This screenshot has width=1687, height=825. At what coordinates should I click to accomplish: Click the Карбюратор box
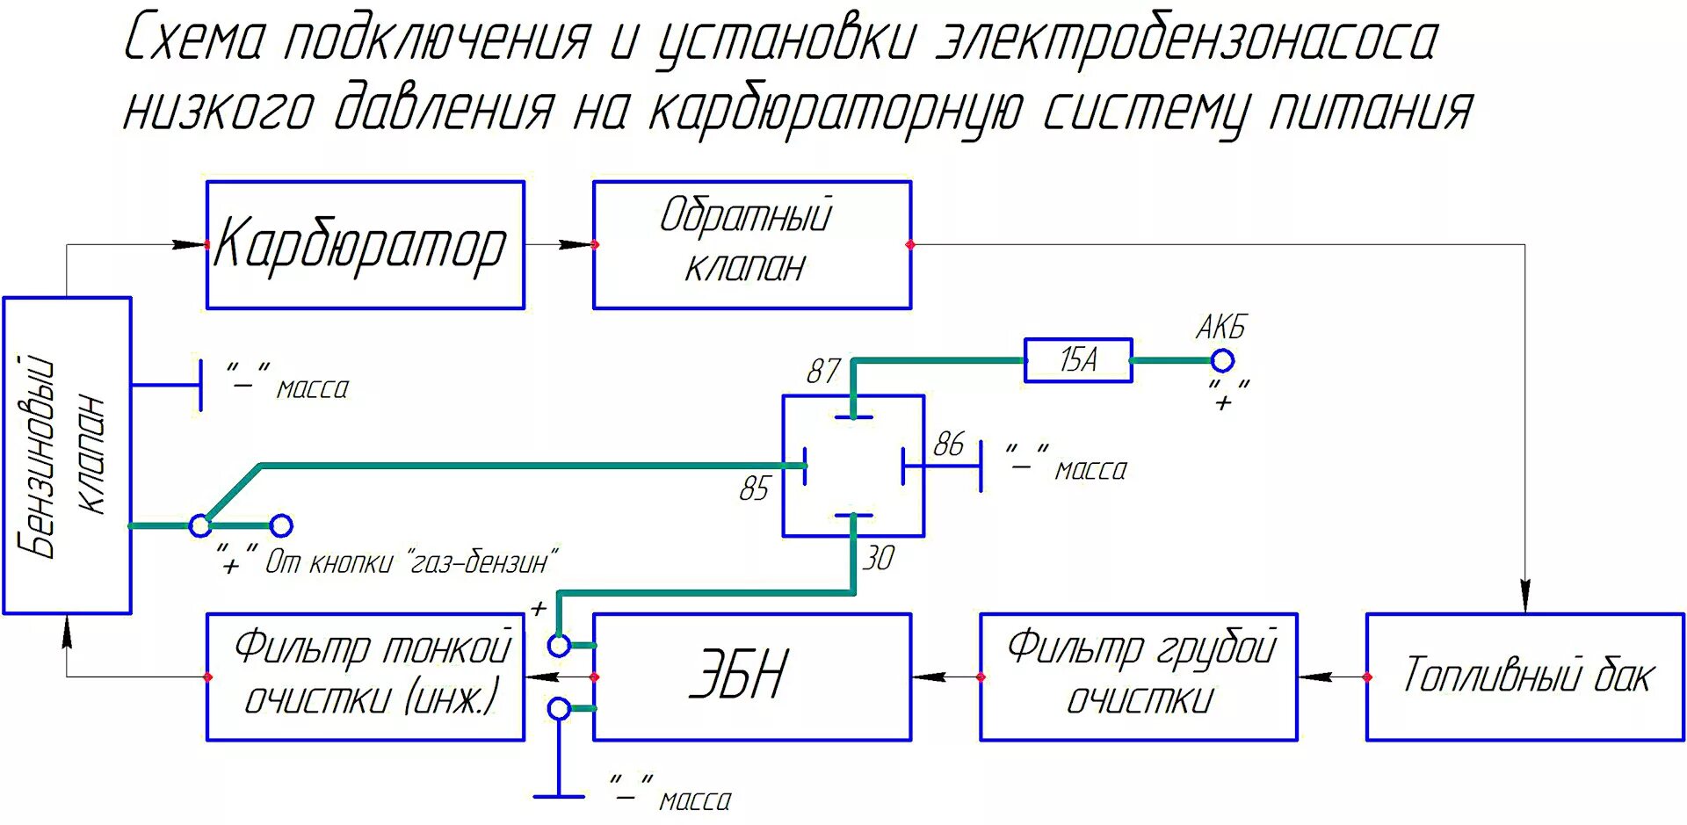pyautogui.click(x=365, y=245)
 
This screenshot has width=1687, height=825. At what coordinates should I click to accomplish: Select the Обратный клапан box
pyautogui.click(x=752, y=245)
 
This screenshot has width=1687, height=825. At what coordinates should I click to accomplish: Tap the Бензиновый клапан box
pyautogui.click(x=67, y=455)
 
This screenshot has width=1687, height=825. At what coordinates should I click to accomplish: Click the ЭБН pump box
pyautogui.click(x=752, y=677)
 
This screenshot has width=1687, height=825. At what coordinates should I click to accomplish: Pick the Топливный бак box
pyautogui.click(x=1525, y=677)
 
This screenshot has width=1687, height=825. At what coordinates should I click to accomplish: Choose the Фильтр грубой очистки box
pyautogui.click(x=1139, y=677)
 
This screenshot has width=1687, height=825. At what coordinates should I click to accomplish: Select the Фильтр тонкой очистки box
pyautogui.click(x=365, y=677)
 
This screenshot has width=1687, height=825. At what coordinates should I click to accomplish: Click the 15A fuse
pyautogui.click(x=1078, y=360)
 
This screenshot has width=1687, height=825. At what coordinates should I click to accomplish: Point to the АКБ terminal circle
pyautogui.click(x=1222, y=360)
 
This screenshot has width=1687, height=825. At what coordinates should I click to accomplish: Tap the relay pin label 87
pyautogui.click(x=823, y=372)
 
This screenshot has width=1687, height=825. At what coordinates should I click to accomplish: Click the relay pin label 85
pyautogui.click(x=754, y=488)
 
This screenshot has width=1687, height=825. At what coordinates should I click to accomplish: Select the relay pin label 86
pyautogui.click(x=949, y=445)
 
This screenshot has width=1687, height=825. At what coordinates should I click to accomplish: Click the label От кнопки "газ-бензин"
pyautogui.click(x=411, y=562)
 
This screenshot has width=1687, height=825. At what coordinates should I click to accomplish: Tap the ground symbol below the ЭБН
pyautogui.click(x=559, y=795)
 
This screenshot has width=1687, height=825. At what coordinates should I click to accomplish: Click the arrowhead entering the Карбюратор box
pyautogui.click(x=190, y=244)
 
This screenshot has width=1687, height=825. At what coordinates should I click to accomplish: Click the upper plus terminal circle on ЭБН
pyautogui.click(x=559, y=646)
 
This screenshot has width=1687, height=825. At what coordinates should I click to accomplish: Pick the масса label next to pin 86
pyautogui.click(x=1090, y=471)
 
